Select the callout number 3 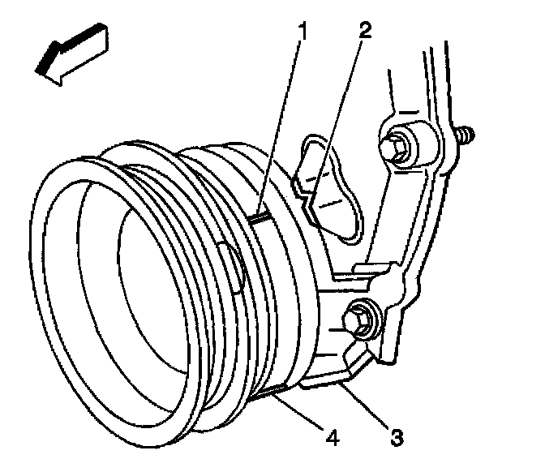(395, 439)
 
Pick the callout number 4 (330, 439)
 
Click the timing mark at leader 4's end (272, 393)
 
